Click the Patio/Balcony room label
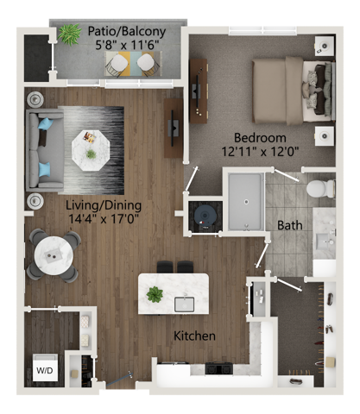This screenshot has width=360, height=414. pos(122,33)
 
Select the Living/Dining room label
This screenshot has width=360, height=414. pos(104,205)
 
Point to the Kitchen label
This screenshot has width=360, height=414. pos(194,336)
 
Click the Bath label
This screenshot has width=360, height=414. pos(289,226)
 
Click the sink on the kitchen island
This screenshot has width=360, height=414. pos(184,304)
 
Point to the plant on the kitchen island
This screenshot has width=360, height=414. pos(155,295)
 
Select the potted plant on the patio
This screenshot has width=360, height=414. pos(69,34)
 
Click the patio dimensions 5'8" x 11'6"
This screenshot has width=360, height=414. pos(123,47)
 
